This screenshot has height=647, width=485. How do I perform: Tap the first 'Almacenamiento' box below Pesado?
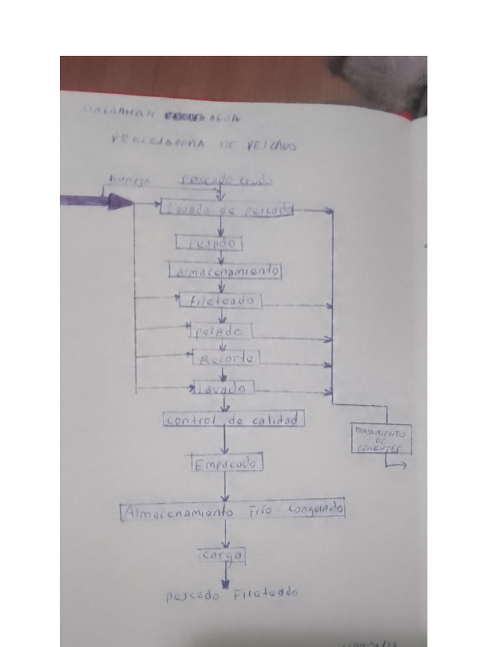(x=225, y=271)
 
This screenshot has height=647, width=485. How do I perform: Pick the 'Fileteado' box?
(x=220, y=301)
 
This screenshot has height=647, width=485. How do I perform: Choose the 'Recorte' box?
(x=226, y=359)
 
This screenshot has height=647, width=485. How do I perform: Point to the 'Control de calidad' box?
(x=234, y=420)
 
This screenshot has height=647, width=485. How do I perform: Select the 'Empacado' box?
(x=226, y=464)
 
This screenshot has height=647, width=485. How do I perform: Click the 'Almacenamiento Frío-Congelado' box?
(x=232, y=510)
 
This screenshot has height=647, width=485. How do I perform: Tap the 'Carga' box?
(x=221, y=555)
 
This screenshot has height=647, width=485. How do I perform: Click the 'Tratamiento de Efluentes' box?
(x=381, y=439)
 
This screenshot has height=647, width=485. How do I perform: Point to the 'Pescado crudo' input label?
(x=226, y=180)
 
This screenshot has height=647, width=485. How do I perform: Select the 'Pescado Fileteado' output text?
(x=232, y=594)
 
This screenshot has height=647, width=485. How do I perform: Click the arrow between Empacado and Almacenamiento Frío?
(x=225, y=487)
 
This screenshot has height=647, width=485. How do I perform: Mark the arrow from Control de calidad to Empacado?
(x=224, y=440)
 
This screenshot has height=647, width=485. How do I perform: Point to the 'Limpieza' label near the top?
(x=129, y=181)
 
